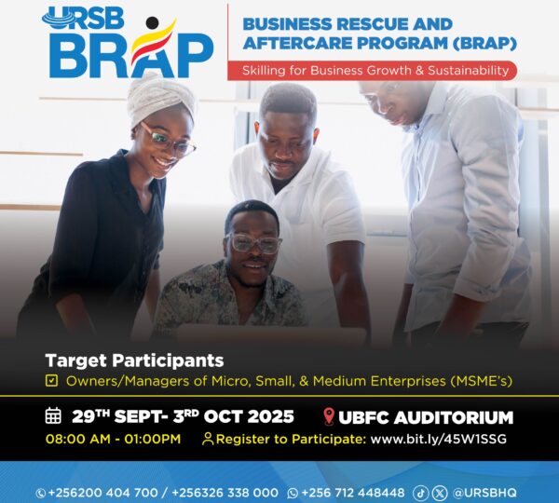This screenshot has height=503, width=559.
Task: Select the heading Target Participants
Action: pyautogui.click(x=135, y=360)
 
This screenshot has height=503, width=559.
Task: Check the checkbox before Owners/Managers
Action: pyautogui.click(x=51, y=380)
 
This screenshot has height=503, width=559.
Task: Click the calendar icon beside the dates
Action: pyautogui.click(x=53, y=415)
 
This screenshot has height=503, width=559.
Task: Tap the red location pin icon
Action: pyautogui.click(x=328, y=416)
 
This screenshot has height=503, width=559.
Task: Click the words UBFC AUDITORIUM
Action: pyautogui.click(x=427, y=416)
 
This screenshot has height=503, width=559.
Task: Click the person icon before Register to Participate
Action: pyautogui.click(x=208, y=438)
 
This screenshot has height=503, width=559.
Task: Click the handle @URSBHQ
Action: pyautogui.click(x=484, y=492)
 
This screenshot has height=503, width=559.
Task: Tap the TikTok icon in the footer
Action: pyautogui.click(x=421, y=492)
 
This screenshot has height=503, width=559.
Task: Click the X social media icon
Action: pyautogui.click(x=440, y=492)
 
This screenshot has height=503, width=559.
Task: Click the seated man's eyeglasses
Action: pyautogui.click(x=253, y=244)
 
